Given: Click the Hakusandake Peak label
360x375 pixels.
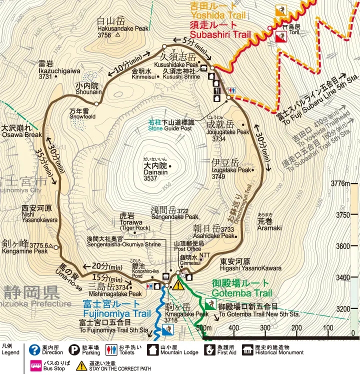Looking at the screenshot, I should [x=116, y=28].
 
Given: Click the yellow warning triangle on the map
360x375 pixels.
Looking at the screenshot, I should [x=178, y=285].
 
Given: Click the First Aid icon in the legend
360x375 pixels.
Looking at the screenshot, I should [x=209, y=349].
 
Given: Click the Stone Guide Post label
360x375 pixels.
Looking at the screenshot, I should [x=170, y=128].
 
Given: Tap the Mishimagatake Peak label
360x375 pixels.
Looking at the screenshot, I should [x=118, y=293].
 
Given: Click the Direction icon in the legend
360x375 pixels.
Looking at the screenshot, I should [x=34, y=349].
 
